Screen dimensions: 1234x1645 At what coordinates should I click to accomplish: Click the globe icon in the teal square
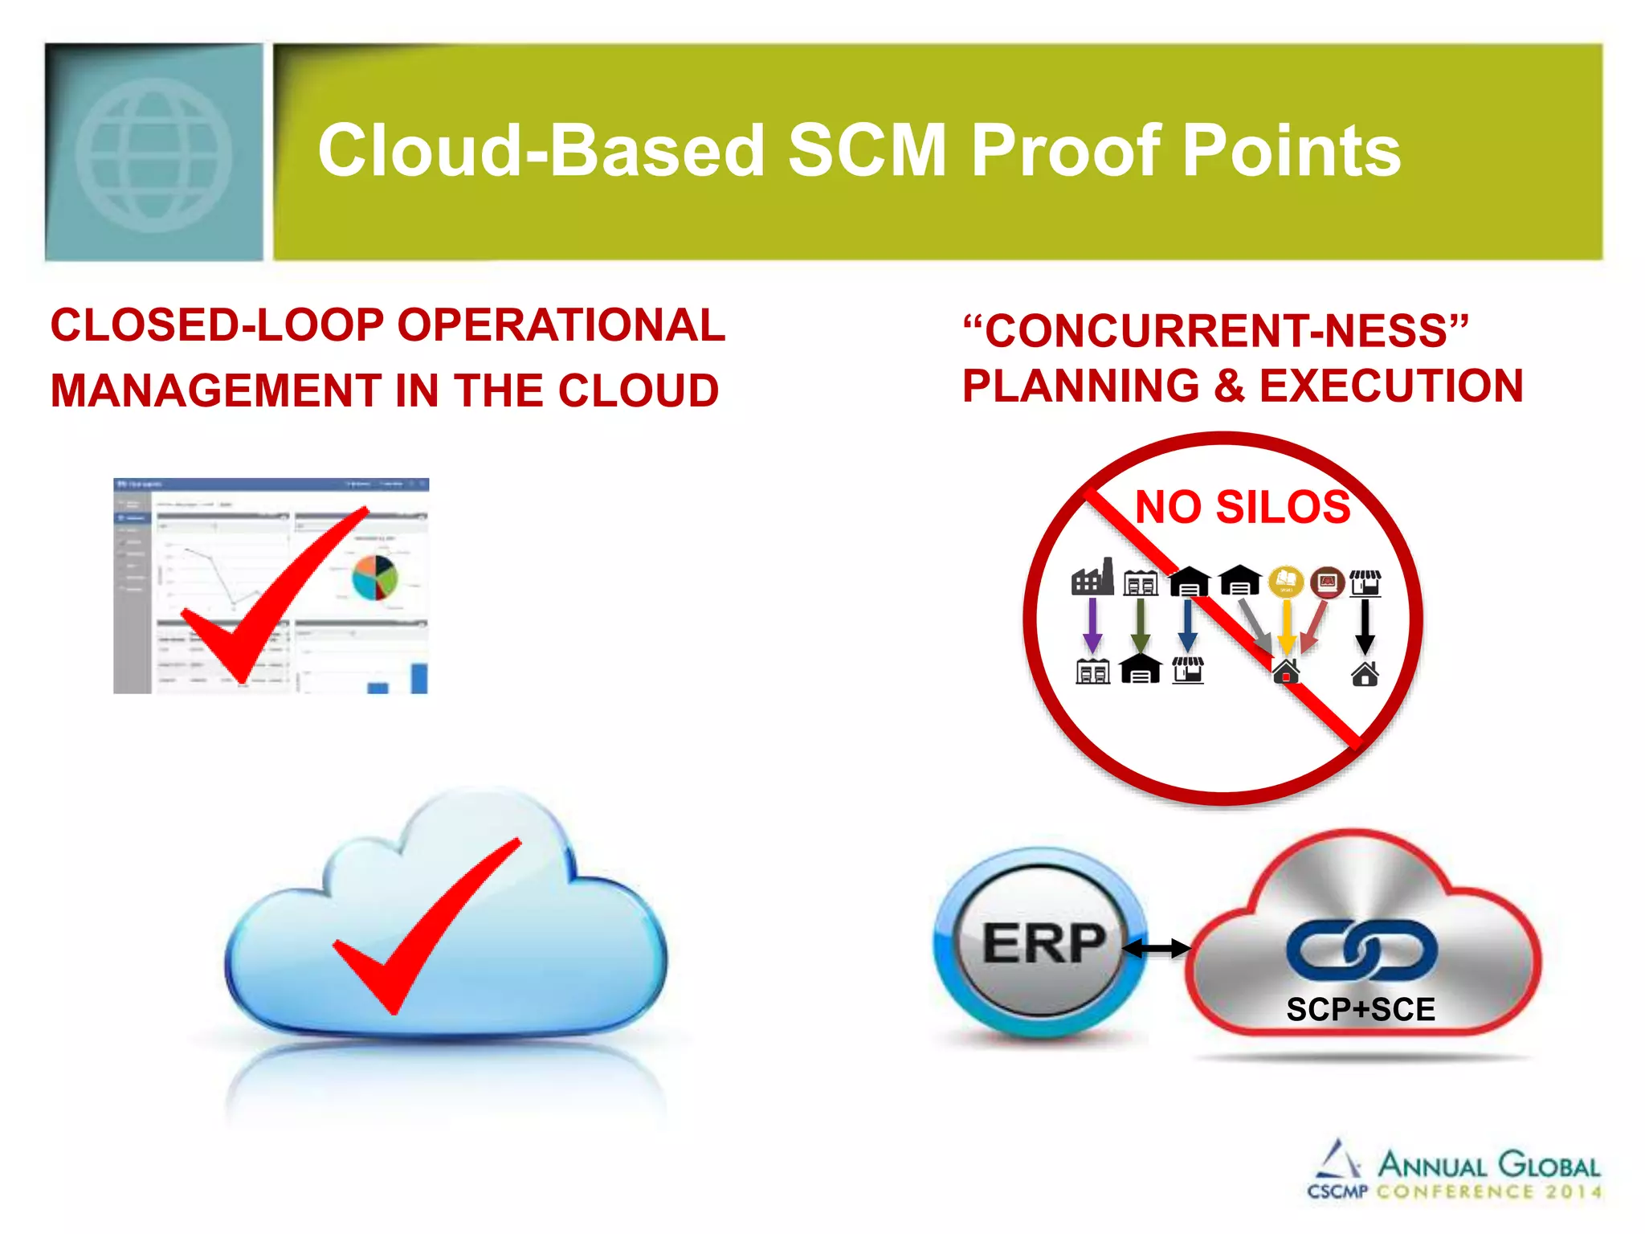pos(153,154)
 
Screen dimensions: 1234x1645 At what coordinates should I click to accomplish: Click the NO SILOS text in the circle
pos(1242,507)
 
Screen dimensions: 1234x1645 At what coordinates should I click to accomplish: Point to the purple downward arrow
pos(1092,625)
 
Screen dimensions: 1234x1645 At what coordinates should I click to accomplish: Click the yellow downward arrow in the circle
pos(1286,626)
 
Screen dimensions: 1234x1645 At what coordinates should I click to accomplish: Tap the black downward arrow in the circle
pos(1365,626)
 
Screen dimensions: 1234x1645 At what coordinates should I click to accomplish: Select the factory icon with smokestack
pos(1092,578)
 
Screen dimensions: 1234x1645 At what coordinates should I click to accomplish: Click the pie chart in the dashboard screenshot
pos(375,578)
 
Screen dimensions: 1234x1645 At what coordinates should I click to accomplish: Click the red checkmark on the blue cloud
pos(426,924)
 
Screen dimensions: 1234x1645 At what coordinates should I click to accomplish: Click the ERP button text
pos(1043,944)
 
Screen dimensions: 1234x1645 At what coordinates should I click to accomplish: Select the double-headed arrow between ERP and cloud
pos(1157,949)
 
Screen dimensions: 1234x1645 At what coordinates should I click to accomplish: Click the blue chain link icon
pos(1361,950)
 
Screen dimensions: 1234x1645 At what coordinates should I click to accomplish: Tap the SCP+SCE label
pos(1360,1010)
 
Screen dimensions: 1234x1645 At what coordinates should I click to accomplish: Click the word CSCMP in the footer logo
pos(1337,1191)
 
